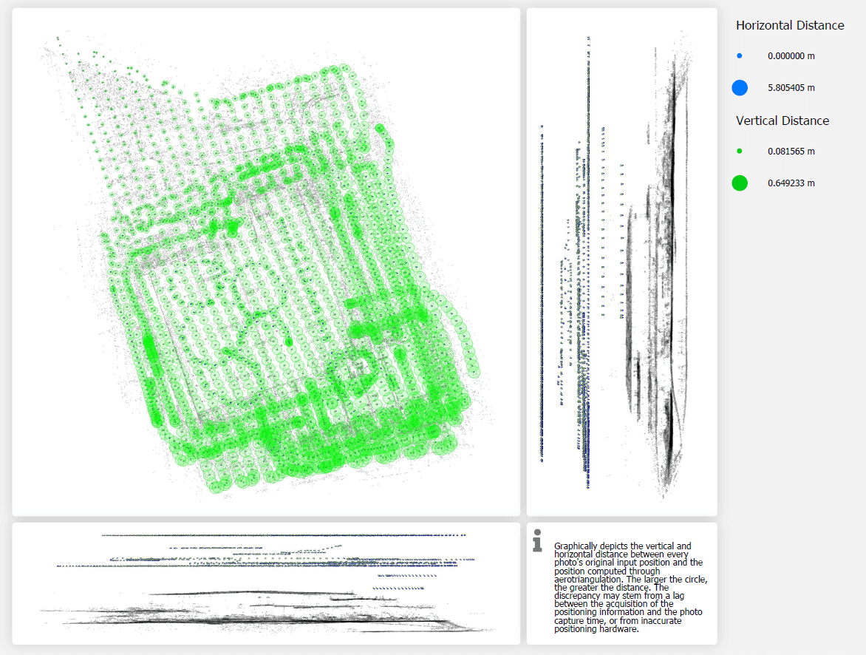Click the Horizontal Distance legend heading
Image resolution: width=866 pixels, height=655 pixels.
point(790,25)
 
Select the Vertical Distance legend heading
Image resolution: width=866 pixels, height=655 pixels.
point(783,121)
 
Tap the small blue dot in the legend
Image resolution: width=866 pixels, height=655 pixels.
point(740,56)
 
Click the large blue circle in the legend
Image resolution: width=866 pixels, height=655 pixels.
point(740,88)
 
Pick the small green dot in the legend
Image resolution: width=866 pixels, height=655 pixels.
point(740,152)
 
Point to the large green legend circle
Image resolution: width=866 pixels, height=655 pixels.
point(740,183)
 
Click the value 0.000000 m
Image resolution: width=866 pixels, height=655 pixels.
point(791,56)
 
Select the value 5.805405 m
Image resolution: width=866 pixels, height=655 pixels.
point(791,88)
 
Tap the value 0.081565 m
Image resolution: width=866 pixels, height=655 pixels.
point(791,152)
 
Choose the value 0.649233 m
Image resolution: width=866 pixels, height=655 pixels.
point(791,183)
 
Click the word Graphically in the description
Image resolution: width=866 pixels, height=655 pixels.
point(577,546)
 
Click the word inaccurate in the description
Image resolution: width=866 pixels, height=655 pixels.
point(674,621)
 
